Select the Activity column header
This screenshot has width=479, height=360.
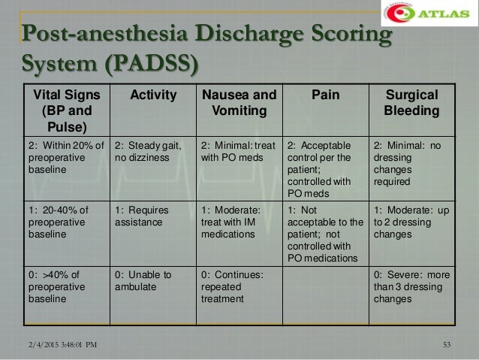154,95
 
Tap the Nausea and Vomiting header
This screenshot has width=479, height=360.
239,102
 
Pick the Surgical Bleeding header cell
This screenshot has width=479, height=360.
411,102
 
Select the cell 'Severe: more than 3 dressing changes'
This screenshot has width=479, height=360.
411,287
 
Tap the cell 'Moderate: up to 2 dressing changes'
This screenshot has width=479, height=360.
411,222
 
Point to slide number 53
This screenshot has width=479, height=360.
448,345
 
